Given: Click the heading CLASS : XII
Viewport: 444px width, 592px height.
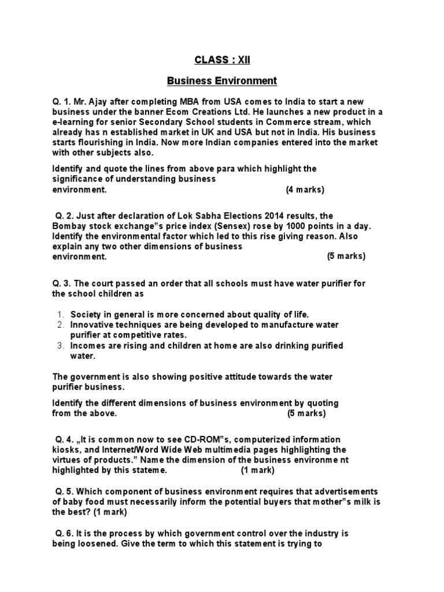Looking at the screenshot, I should pos(222,59).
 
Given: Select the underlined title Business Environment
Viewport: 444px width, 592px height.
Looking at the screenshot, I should pos(222,81).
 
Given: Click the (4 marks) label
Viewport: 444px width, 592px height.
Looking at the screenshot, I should pos(305,190).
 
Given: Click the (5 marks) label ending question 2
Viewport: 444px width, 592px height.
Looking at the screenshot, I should pos(346,256).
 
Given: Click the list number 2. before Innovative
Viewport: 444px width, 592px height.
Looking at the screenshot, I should pos(60,325).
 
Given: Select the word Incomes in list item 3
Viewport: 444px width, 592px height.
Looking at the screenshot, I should pos(88,346).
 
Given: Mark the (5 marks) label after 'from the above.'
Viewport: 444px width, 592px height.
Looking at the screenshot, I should pos(306,413).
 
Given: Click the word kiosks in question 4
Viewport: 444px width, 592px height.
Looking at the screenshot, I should pos(66,450).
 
